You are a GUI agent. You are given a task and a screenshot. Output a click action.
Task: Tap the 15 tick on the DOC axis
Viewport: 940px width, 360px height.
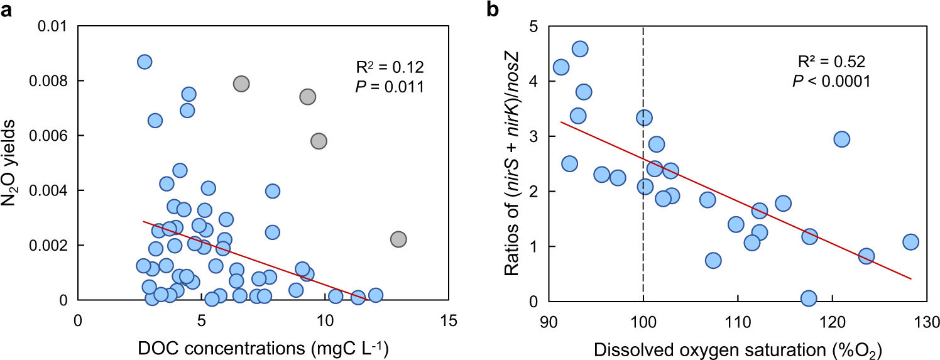[449, 319]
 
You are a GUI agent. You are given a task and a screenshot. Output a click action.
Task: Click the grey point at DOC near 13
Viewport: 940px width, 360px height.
[398, 239]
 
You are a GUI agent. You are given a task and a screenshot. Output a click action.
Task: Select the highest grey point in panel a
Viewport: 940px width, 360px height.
[241, 84]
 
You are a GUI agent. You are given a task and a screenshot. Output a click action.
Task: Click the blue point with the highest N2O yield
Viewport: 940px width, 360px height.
[145, 62]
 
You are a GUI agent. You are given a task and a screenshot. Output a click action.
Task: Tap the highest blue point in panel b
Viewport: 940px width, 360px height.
[580, 49]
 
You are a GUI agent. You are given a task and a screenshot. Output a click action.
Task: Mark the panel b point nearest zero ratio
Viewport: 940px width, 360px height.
[809, 298]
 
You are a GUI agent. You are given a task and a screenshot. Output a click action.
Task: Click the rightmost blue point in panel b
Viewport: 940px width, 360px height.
[910, 242]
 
